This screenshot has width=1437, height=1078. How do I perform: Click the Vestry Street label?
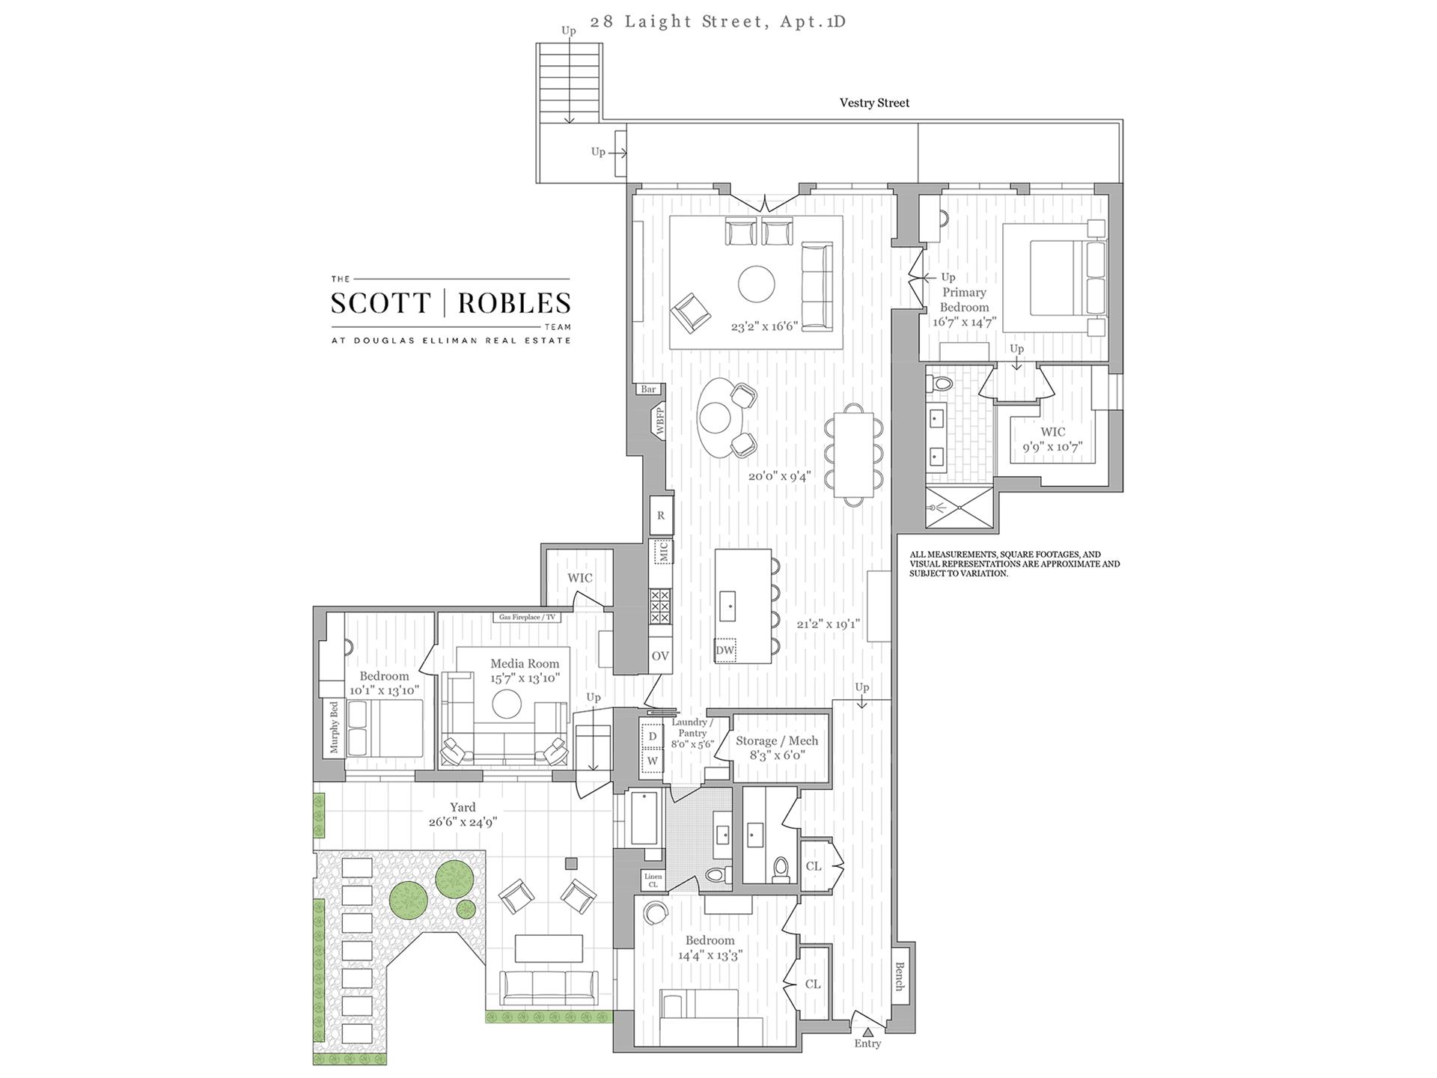tap(874, 103)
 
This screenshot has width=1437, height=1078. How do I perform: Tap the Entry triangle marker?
tap(867, 1032)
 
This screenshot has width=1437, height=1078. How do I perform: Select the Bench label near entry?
tap(900, 976)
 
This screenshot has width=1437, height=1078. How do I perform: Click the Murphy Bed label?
tap(334, 728)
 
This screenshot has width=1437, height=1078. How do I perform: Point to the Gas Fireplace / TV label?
tap(528, 618)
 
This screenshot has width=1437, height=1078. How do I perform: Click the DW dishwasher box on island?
tap(724, 651)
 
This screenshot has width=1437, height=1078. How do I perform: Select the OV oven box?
tap(659, 656)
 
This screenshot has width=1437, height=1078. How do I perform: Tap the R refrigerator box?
tap(661, 515)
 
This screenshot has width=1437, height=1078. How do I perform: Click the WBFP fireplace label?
tap(660, 421)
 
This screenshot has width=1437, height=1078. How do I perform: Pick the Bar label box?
tap(648, 389)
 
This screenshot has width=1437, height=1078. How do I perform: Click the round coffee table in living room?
tap(757, 284)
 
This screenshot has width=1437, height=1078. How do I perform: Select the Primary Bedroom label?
tap(964, 299)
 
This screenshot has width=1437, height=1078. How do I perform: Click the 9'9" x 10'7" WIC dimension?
tap(1052, 448)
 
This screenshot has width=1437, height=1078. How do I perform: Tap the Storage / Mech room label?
tap(777, 740)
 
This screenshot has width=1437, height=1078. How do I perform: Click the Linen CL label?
tap(653, 880)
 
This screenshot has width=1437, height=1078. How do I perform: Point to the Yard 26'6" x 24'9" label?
tap(463, 814)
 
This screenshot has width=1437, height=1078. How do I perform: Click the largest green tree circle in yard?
tap(409, 899)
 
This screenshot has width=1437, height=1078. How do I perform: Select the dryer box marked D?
tap(652, 736)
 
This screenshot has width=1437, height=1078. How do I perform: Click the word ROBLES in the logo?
tap(514, 303)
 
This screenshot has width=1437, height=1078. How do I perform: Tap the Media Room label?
tap(525, 663)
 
